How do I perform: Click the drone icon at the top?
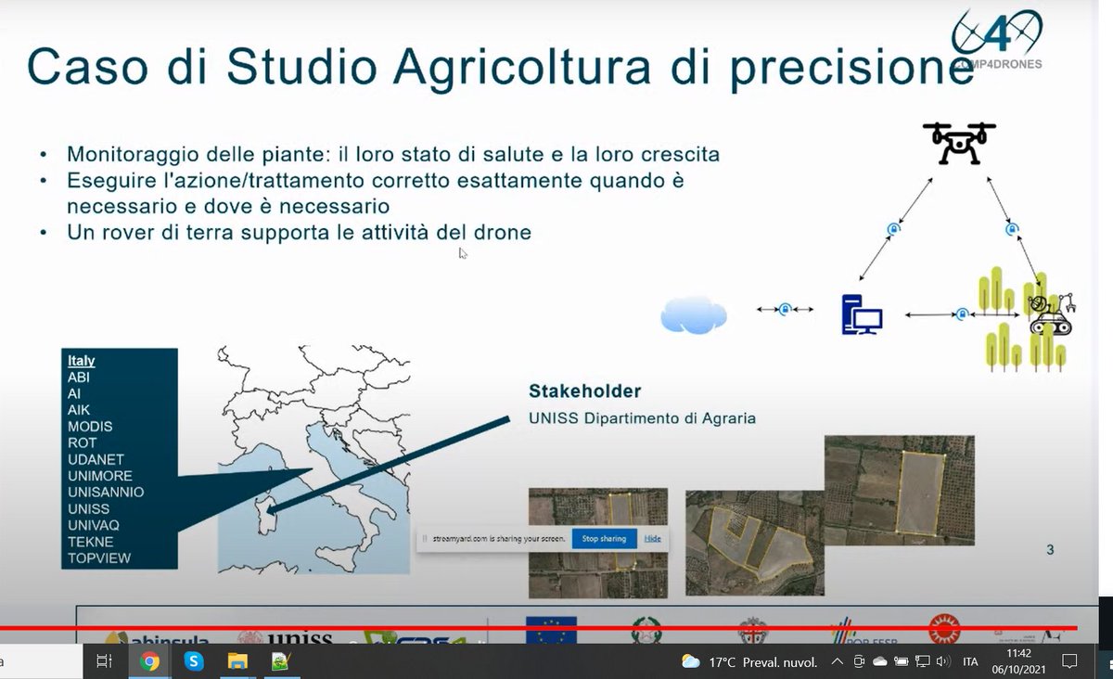point(959,143)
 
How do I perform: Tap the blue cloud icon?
point(693,314)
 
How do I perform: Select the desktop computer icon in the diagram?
point(861,315)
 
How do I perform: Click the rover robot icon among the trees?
point(1050,314)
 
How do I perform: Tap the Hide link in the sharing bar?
point(653,538)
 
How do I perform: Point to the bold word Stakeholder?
point(584,391)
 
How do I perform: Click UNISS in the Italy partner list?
point(88,508)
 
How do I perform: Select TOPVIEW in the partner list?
point(99,558)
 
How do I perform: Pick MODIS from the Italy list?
point(90,427)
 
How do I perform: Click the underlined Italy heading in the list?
point(82,361)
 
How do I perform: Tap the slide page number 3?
point(1050,549)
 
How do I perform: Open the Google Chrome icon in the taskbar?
point(149,661)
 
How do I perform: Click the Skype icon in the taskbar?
point(194,661)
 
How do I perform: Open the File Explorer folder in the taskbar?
point(237,661)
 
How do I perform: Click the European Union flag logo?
point(551,630)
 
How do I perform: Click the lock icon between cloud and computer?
point(785,309)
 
